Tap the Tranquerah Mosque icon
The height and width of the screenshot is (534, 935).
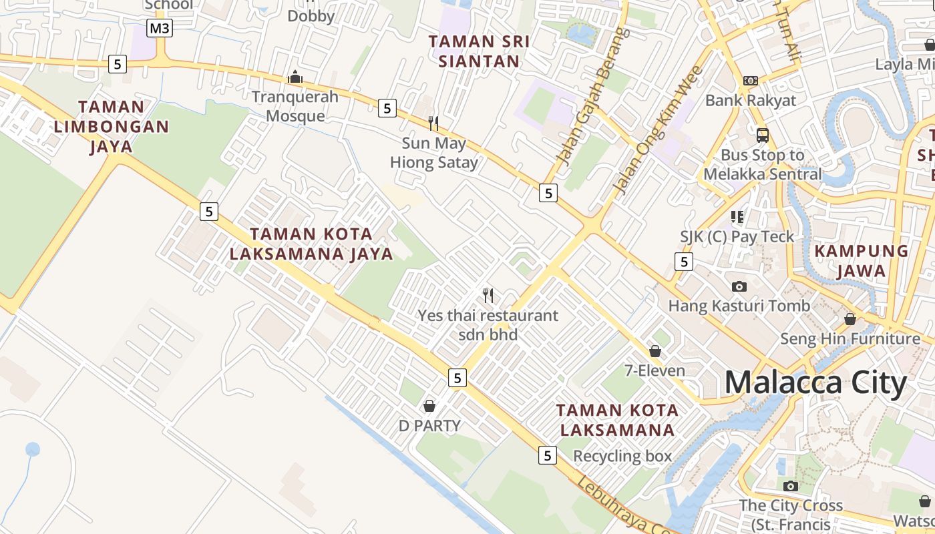(x=295, y=77)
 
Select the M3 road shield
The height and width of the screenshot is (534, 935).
(x=160, y=28)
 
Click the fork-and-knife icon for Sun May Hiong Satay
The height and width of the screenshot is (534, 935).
(x=434, y=123)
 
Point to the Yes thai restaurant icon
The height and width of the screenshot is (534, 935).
(x=488, y=295)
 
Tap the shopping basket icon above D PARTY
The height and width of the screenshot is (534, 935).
(x=429, y=406)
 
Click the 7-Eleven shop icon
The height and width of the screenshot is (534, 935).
(x=655, y=351)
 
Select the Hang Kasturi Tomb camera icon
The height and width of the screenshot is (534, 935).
(x=739, y=286)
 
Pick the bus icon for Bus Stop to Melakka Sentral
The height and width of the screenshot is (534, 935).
(x=763, y=136)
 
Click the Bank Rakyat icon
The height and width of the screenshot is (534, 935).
(x=751, y=81)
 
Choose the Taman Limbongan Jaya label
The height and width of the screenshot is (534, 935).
(x=112, y=126)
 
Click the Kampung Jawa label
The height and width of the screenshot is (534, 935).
(x=862, y=261)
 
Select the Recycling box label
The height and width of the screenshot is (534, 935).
(x=622, y=457)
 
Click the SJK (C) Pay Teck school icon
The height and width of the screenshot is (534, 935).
(x=737, y=217)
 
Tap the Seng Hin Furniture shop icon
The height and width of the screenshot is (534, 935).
(x=850, y=320)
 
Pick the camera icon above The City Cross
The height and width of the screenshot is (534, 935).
(x=791, y=486)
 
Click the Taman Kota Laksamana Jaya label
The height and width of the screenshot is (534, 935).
(x=311, y=244)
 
